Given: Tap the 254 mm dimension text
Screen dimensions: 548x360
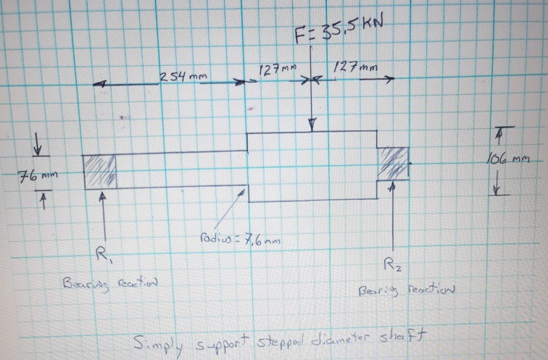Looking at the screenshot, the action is click(x=180, y=76).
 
